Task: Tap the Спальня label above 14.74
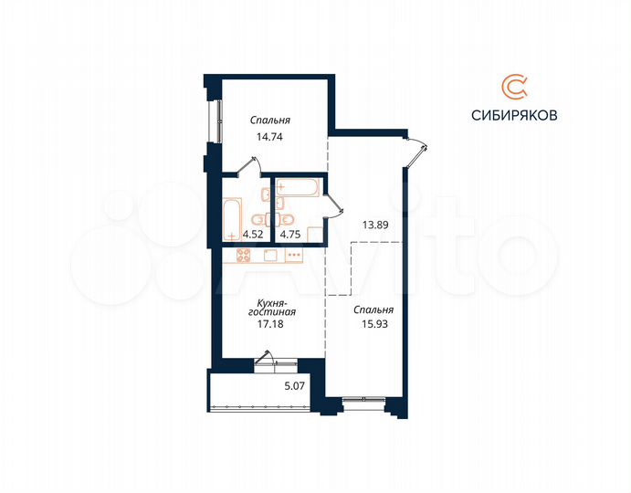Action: tap(271, 121)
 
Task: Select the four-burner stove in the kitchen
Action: tap(246, 255)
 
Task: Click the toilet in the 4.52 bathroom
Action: tap(259, 220)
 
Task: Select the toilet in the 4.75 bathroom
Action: tap(286, 219)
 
